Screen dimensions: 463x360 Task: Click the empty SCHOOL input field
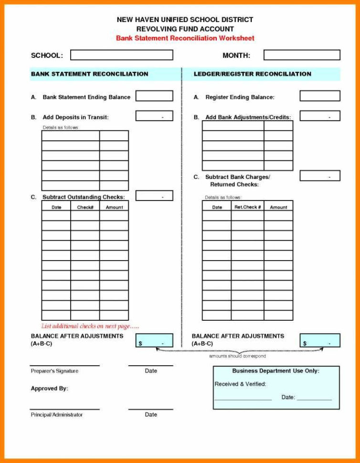[x=121, y=55]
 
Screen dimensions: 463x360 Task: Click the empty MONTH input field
[x=302, y=55]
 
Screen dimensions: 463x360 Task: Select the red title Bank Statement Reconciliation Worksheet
[x=185, y=38]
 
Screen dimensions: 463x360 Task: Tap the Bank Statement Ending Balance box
[x=154, y=96]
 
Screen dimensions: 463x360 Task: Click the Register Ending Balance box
[x=319, y=96]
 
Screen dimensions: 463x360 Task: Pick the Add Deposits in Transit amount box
[x=154, y=116]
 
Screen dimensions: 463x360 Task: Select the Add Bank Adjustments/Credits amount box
[x=319, y=116]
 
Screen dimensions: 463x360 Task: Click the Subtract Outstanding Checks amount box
[x=154, y=196]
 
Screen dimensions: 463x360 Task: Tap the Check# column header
[x=85, y=207]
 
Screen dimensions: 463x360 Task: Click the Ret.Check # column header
[x=247, y=207]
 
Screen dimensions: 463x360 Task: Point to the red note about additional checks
[x=90, y=326]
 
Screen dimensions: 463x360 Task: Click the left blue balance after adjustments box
[x=154, y=341]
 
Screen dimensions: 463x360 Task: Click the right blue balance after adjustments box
[x=319, y=341]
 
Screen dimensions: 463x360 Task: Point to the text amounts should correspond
[x=237, y=356]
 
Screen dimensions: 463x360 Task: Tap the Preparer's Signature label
[x=54, y=371]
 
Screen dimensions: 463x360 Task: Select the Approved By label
[x=49, y=389]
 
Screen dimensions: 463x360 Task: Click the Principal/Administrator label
[x=56, y=414]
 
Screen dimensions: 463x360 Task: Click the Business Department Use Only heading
[x=275, y=371]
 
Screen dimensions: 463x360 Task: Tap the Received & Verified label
[x=240, y=384]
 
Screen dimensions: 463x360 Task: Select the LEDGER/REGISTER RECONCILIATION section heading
[x=252, y=74]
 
